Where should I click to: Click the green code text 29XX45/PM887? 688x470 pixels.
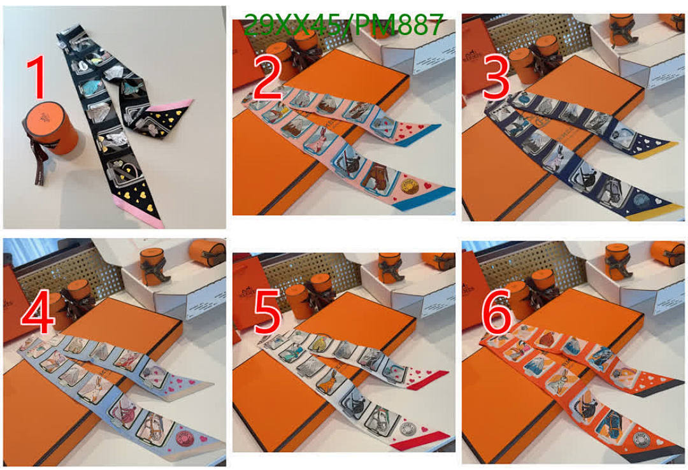tap(343, 25)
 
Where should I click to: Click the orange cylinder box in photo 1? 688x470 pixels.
tap(51, 127)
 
